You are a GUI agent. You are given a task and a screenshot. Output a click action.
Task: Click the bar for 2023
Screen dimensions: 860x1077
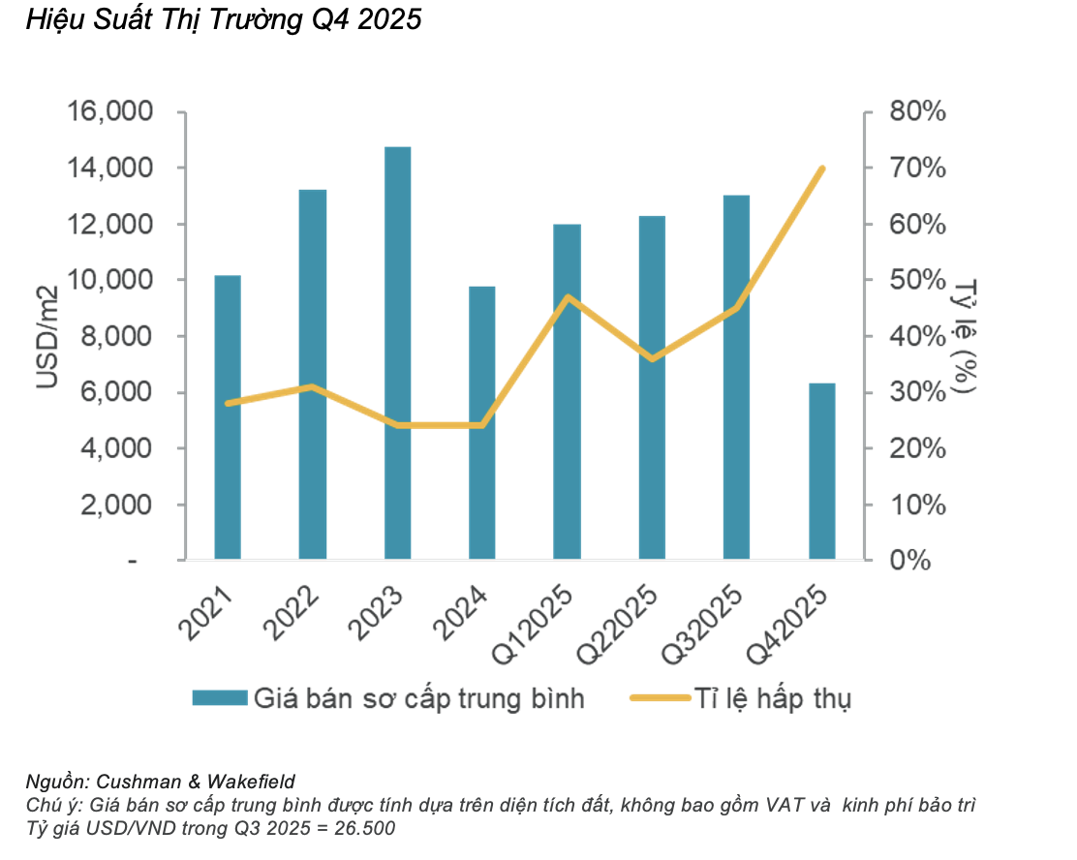[x=397, y=353]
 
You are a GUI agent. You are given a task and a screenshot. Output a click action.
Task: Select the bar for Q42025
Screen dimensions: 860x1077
[x=821, y=472]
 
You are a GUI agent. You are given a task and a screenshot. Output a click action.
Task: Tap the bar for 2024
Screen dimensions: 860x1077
[x=482, y=423]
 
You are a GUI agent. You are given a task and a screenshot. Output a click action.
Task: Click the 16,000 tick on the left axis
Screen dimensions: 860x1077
[x=110, y=112]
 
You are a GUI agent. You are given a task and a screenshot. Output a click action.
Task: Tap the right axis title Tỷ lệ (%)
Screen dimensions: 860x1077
[x=963, y=337]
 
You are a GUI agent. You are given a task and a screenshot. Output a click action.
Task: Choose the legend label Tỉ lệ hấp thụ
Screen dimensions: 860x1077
[x=772, y=698]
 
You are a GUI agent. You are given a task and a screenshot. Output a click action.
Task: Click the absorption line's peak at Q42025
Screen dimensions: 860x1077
[x=821, y=169]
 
